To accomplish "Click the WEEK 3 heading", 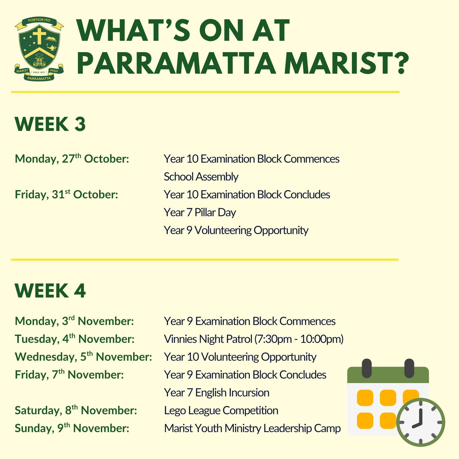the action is click(x=50, y=124).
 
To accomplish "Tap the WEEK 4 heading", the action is click(x=50, y=291).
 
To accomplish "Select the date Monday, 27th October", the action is click(x=72, y=159).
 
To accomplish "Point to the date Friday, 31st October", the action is click(x=66, y=194).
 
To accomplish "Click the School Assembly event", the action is click(x=201, y=177).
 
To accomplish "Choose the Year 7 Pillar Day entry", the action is click(x=200, y=212).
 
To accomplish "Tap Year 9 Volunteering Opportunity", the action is click(x=236, y=230).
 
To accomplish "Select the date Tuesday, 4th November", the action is click(x=75, y=339).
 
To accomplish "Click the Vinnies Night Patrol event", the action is click(x=254, y=339).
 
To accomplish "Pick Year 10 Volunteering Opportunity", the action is click(x=240, y=357).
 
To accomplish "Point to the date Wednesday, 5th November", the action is click(x=84, y=357).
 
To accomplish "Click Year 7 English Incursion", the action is click(x=217, y=393).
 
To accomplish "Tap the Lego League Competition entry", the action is click(x=221, y=411).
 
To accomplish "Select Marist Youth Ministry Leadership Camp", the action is click(x=252, y=428).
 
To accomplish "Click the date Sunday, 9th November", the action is click(x=72, y=428).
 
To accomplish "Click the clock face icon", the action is click(x=420, y=422).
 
